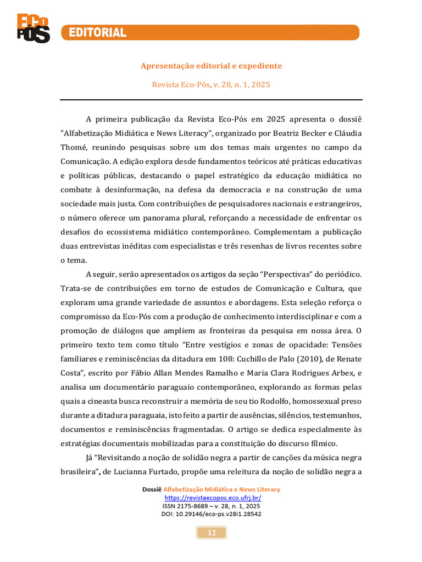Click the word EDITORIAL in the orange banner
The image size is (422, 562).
click(x=97, y=33)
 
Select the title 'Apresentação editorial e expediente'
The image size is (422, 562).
click(x=211, y=66)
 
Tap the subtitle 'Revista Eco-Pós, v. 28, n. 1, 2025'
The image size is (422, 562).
click(x=211, y=85)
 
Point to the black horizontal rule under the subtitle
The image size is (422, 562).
click(x=211, y=100)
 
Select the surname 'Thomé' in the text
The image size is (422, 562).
click(x=74, y=148)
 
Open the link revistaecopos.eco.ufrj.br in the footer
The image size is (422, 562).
click(x=211, y=497)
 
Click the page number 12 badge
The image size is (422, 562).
click(x=212, y=532)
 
